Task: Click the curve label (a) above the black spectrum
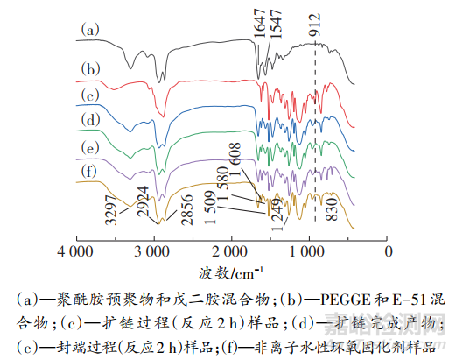(89, 30)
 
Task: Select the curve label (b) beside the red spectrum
(89, 67)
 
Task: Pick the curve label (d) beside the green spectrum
(89, 118)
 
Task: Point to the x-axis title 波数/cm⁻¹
(230, 272)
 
